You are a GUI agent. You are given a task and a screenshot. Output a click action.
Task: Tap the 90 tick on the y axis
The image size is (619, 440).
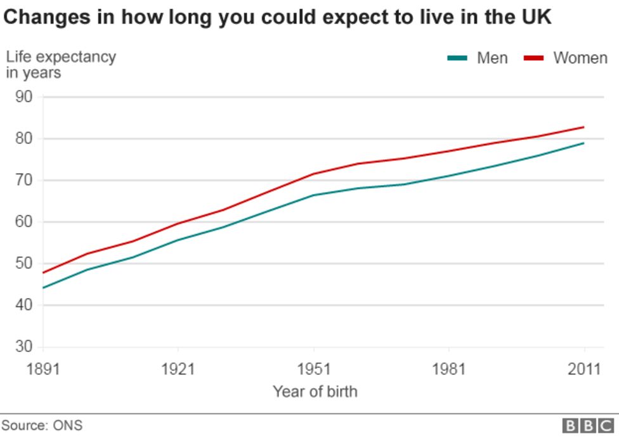[23, 97]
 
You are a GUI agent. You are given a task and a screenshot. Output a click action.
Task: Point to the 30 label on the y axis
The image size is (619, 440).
[23, 347]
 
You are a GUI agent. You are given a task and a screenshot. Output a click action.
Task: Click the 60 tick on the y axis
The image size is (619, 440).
[23, 222]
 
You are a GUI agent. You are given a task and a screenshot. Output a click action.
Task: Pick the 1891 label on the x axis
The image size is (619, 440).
[42, 369]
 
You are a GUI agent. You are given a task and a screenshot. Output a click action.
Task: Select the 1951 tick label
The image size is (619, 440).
[313, 369]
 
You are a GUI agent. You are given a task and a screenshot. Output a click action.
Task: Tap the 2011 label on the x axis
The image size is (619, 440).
[583, 369]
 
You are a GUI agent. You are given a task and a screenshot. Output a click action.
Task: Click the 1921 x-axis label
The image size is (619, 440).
[178, 369]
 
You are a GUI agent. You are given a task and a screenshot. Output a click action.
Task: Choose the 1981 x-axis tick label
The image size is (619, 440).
[448, 369]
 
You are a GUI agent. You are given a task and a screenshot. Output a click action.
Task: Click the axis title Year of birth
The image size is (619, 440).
[315, 392]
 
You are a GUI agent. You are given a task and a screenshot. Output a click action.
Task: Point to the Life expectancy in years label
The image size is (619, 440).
[61, 64]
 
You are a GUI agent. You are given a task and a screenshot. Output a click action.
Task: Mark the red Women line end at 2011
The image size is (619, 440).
[583, 127]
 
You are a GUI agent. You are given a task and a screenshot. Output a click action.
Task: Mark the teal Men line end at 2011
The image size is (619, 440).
[583, 143]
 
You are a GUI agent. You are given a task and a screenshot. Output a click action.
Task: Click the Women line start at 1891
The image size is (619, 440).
[43, 273]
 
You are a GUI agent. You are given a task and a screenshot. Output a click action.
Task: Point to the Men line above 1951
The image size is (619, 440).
[313, 195]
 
